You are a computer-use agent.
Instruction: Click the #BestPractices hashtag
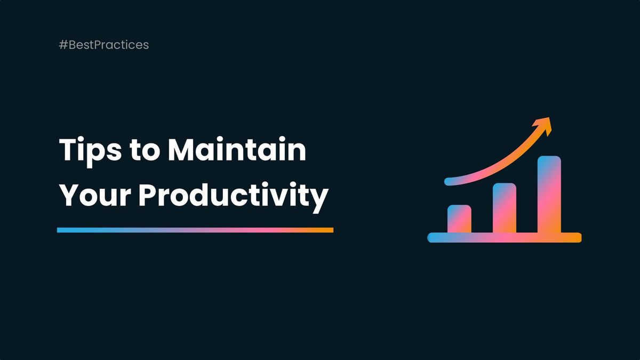pyautogui.click(x=104, y=45)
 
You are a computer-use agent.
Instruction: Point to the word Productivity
pyautogui.click(x=233, y=197)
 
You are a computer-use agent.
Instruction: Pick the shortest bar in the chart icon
pyautogui.click(x=459, y=219)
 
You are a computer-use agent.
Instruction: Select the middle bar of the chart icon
pyautogui.click(x=504, y=208)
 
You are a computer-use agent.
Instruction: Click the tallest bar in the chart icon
pyautogui.click(x=549, y=194)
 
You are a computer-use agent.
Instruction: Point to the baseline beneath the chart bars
pyautogui.click(x=504, y=238)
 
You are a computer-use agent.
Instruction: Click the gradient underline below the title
pyautogui.click(x=195, y=230)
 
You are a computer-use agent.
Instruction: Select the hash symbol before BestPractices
pyautogui.click(x=63, y=45)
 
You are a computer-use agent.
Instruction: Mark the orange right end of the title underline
pyautogui.click(x=329, y=230)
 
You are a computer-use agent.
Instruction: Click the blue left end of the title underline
pyautogui.click(x=62, y=230)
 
